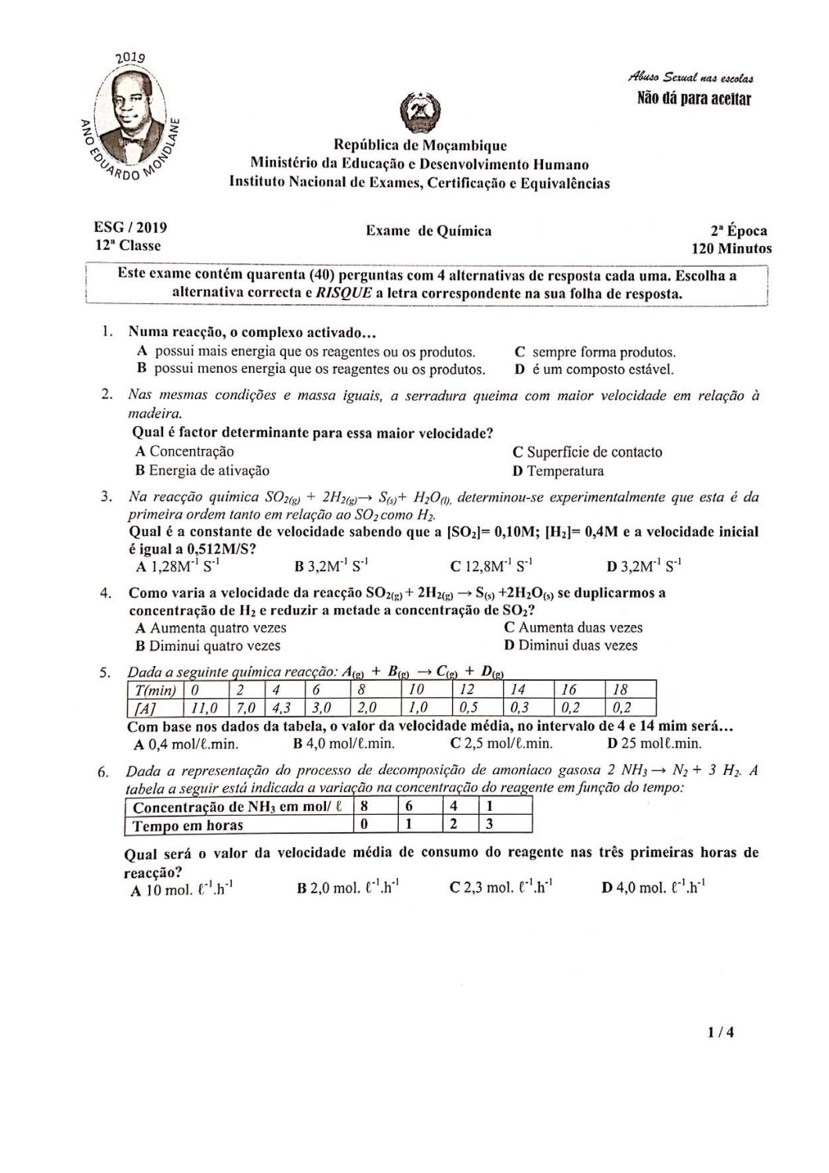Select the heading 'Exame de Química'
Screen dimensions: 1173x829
click(x=428, y=230)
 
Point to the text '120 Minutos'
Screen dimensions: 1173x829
click(x=730, y=249)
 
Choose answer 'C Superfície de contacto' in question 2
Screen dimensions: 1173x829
click(x=587, y=452)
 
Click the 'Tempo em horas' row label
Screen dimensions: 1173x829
click(x=188, y=825)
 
